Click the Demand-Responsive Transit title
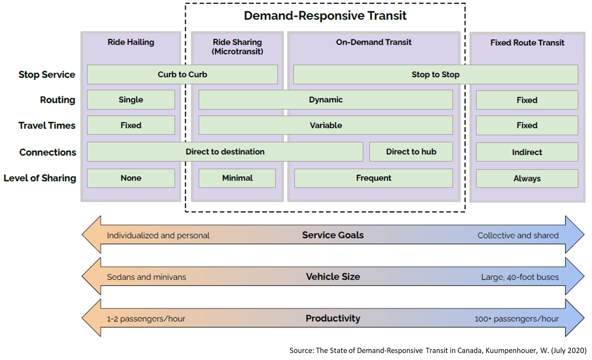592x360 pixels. tap(325, 16)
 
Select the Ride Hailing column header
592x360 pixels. tap(131, 42)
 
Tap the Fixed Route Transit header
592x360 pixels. tap(527, 43)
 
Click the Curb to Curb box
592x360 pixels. tap(182, 74)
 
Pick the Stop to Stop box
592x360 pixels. tap(435, 74)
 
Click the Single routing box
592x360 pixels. tap(131, 100)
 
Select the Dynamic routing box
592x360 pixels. tap(325, 100)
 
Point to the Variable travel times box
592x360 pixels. tap(325, 125)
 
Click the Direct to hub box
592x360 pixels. tap(411, 152)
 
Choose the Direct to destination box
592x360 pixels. tap(225, 152)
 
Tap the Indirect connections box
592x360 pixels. tap(527, 152)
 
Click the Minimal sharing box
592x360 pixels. tap(237, 178)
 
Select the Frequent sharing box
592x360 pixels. tap(373, 178)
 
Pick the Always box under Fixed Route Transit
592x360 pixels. tap(527, 179)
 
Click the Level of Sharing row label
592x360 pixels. tap(40, 178)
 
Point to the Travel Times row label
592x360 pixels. tap(47, 125)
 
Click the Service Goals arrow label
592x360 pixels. tap(333, 235)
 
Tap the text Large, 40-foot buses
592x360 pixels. tap(520, 277)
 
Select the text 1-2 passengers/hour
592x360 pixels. tap(146, 319)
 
